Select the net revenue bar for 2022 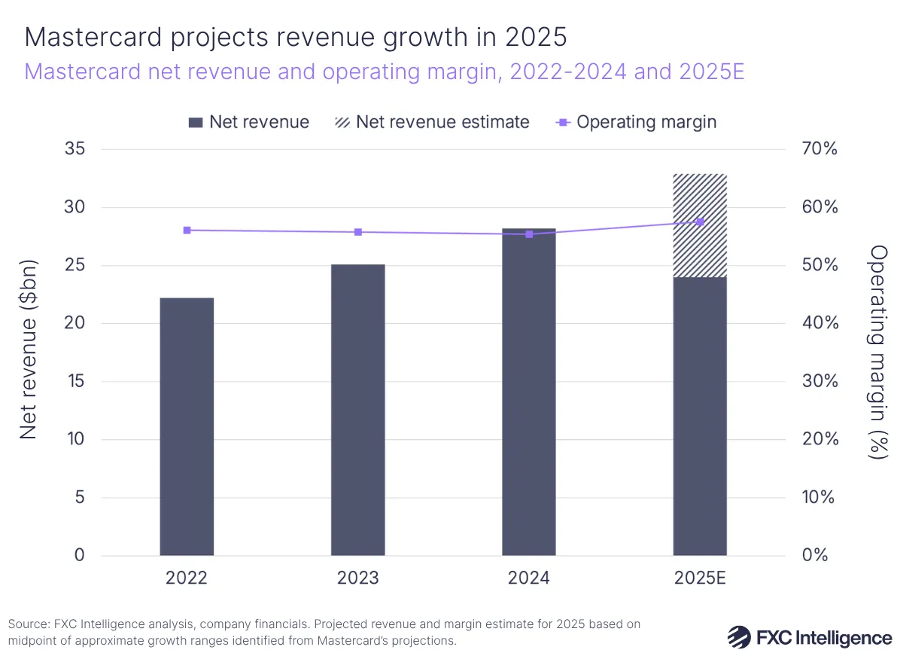tap(187, 426)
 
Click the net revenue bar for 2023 tap(357, 410)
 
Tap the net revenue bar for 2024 tap(528, 392)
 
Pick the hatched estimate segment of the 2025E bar tap(700, 225)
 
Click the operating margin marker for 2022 tap(187, 230)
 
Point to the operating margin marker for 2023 tap(357, 232)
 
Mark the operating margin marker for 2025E tap(700, 221)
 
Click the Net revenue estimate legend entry tap(432, 122)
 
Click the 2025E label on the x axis tap(700, 578)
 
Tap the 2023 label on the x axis tap(357, 578)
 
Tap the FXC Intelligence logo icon tap(738, 637)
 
